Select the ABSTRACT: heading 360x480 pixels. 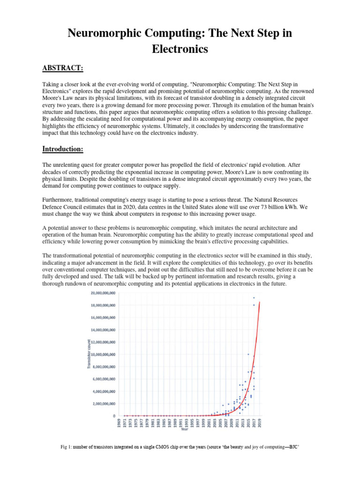click(x=63, y=68)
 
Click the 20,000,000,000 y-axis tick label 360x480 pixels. click(x=104, y=293)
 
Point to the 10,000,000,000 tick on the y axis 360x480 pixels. click(x=104, y=354)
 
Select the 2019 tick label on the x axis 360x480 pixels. click(x=260, y=425)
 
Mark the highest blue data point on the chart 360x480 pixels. click(x=254, y=298)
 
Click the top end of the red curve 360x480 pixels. click(x=260, y=303)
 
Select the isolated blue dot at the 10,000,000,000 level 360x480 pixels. click(x=248, y=354)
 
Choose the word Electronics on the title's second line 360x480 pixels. click(x=180, y=48)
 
